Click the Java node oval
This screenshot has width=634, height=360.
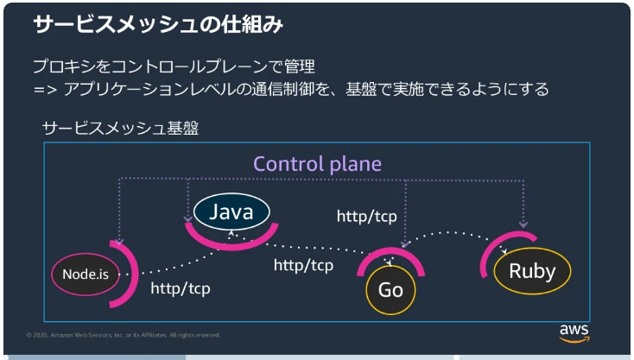231,212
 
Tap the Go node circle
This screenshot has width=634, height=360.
390,289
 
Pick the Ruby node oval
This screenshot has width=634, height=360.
531,270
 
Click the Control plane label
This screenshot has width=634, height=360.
317,164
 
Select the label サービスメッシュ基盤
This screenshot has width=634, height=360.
121,129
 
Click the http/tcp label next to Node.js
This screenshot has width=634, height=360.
180,289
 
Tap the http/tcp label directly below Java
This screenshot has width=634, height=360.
303,266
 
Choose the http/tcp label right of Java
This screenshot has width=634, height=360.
366,216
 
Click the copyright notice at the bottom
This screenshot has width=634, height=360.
124,335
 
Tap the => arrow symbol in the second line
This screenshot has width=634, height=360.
43,90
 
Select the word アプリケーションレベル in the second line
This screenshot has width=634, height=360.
149,90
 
